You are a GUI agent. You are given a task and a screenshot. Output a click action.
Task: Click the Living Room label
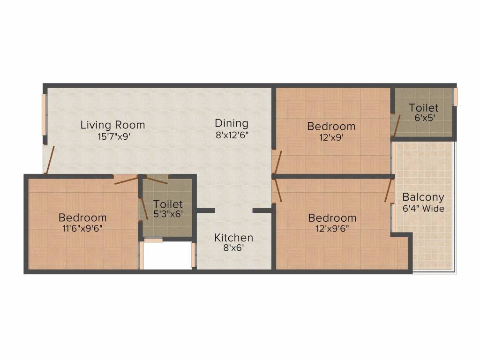click(x=112, y=125)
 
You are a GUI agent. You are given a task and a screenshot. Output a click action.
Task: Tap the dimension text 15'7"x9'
click(x=112, y=137)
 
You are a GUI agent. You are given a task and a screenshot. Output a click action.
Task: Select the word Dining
click(x=232, y=123)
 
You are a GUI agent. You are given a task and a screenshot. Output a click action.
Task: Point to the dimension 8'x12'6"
click(x=232, y=135)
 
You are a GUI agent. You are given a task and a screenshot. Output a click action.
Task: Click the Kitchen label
click(x=233, y=238)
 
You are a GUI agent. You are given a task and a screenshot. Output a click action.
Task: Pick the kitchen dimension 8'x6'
click(x=233, y=249)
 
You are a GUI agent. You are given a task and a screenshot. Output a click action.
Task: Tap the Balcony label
click(x=423, y=197)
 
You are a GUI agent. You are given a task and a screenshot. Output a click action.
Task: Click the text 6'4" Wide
click(x=423, y=209)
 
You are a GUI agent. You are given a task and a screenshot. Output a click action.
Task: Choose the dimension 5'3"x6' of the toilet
click(x=168, y=216)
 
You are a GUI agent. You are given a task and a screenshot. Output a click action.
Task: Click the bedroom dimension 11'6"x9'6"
click(x=82, y=229)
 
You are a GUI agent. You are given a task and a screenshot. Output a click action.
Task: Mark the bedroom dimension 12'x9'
click(x=331, y=137)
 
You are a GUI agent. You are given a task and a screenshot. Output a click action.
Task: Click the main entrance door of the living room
click(x=50, y=160)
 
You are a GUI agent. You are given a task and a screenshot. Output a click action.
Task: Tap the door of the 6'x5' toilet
click(x=396, y=123)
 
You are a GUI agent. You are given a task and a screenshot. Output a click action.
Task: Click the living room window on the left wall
click(x=45, y=115)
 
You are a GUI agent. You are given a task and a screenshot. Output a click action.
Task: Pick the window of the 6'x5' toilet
click(x=455, y=97)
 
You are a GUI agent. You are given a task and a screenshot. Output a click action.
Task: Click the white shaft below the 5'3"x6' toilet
click(x=167, y=255)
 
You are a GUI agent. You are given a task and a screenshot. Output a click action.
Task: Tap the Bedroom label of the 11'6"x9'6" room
click(x=82, y=218)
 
